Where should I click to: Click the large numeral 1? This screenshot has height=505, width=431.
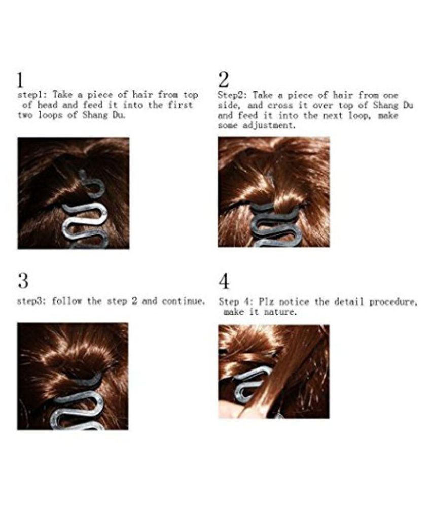(x=20, y=80)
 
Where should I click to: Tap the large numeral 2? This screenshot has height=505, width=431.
(x=224, y=80)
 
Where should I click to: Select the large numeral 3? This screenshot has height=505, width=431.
(x=23, y=281)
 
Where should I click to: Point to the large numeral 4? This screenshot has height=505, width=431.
(x=224, y=281)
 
